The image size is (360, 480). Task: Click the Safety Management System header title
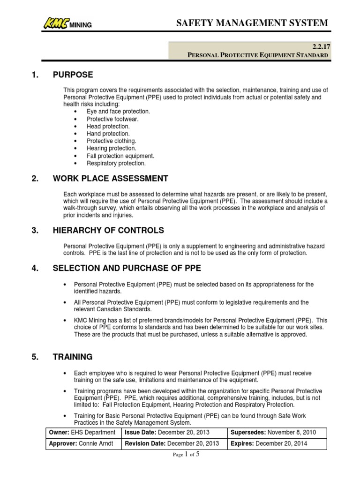(x=252, y=23)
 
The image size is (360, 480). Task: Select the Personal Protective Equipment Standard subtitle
(x=258, y=55)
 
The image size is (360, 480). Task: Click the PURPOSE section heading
(x=73, y=75)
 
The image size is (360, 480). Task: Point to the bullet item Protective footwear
(x=112, y=119)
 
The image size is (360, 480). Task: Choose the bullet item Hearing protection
(x=111, y=149)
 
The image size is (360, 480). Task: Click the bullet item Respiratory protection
(x=116, y=163)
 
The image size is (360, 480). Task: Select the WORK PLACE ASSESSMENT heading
(x=111, y=179)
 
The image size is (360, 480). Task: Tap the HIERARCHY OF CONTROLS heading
(x=109, y=230)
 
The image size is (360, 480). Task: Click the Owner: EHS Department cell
(x=83, y=432)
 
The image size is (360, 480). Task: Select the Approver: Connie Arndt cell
(x=83, y=443)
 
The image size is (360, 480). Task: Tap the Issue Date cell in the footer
(x=174, y=432)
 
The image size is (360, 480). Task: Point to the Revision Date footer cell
(x=174, y=443)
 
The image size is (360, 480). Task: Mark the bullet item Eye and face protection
(x=118, y=112)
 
